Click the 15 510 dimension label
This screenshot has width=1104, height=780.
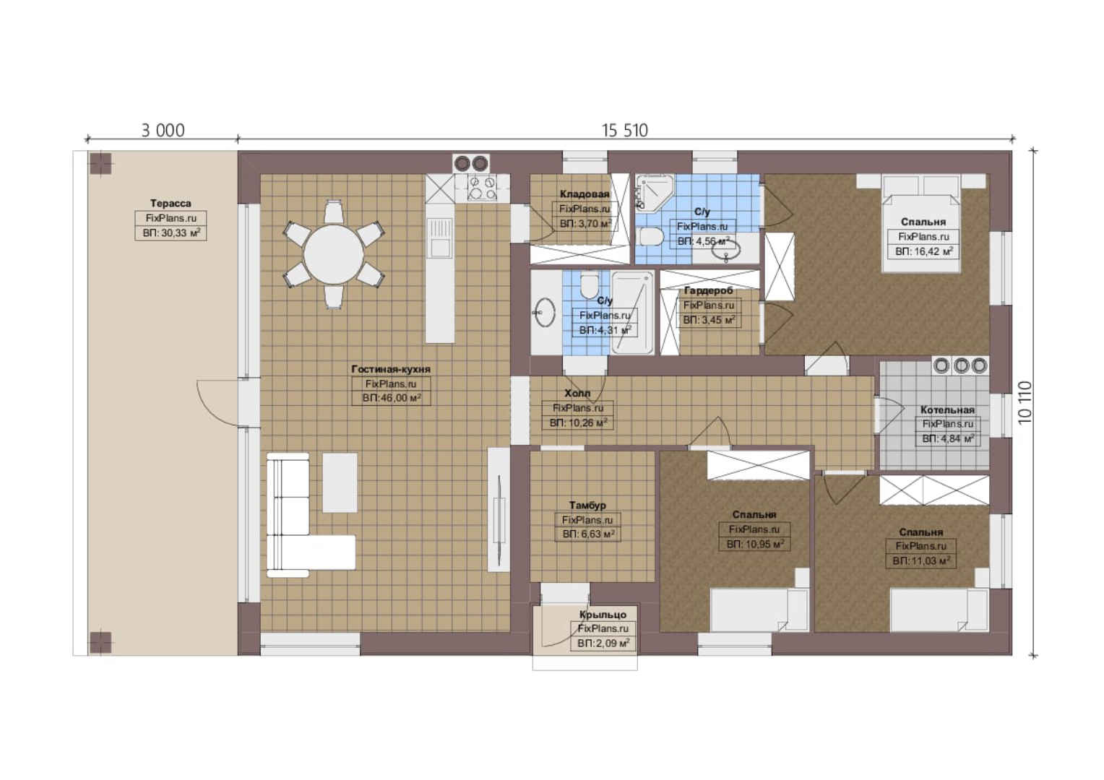pos(624,131)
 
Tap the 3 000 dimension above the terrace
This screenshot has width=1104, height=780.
pos(163,131)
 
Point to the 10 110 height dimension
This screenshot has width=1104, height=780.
pos(1025,402)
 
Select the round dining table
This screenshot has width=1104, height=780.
pos(334,255)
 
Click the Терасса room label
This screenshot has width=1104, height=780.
pos(171,203)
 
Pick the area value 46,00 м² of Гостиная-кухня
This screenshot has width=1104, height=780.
pos(392,398)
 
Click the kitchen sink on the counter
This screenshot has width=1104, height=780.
pos(439,238)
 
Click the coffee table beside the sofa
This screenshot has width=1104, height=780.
pos(340,483)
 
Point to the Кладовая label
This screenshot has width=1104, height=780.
pos(585,194)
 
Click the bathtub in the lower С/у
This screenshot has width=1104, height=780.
pos(633,313)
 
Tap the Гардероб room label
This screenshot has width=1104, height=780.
pos(708,291)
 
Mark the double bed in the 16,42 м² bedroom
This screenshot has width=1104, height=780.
pos(921,222)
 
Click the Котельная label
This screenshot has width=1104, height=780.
pos(947,410)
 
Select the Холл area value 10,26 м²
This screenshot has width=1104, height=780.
pos(578,422)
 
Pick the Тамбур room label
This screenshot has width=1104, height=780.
pos(587,505)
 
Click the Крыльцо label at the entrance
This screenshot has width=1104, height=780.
pos(603,615)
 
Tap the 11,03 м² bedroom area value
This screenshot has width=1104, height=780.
pos(921,560)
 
